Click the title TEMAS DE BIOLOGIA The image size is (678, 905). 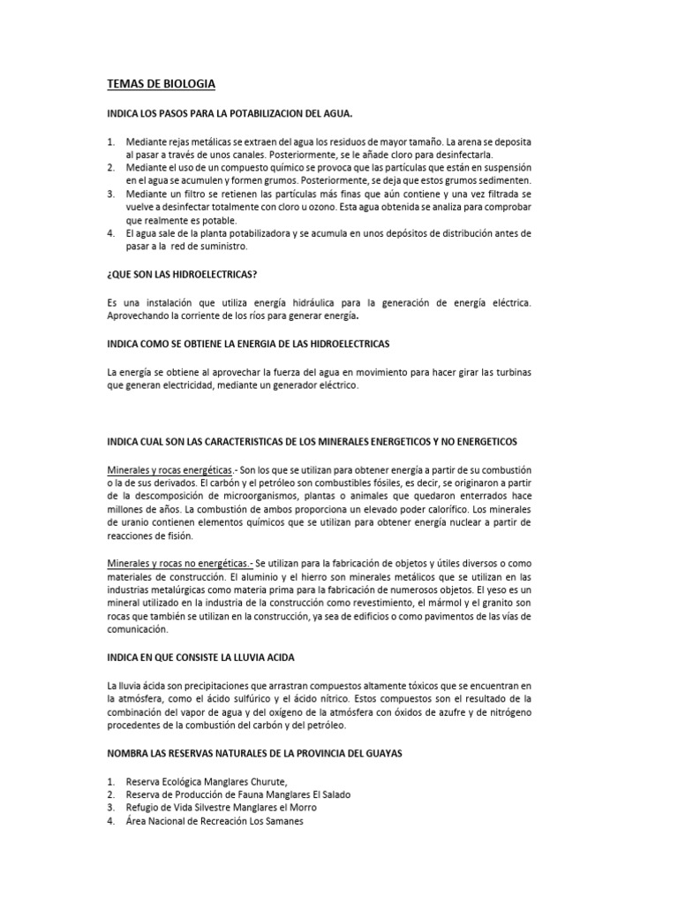click(x=161, y=84)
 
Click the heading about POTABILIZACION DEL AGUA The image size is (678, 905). click(x=230, y=114)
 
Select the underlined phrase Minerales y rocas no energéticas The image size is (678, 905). click(x=177, y=562)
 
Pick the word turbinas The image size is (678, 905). click(x=508, y=371)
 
